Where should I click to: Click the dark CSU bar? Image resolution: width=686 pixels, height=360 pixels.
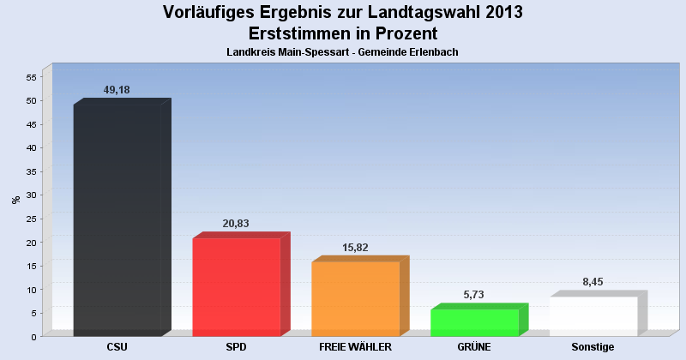pos(117,220)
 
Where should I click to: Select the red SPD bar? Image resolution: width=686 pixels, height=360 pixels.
pos(236,287)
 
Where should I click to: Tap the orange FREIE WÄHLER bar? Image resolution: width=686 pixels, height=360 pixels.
pos(355,299)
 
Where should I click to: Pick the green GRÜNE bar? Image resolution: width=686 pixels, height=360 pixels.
pos(474,322)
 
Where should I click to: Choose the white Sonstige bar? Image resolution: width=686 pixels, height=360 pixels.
pos(593,316)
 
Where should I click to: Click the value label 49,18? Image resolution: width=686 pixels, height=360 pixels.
pos(117,90)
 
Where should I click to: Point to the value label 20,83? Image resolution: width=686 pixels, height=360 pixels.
pos(236,224)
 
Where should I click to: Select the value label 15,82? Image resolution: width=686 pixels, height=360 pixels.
pos(355,248)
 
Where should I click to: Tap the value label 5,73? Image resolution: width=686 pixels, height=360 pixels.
pos(474,295)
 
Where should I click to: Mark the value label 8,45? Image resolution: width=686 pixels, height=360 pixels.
pos(593,282)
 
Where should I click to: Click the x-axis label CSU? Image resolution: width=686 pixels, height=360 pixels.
pos(117,347)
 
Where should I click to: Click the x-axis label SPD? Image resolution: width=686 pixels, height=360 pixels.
pos(236,347)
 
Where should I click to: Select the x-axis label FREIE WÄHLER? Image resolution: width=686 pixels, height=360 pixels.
pos(355,347)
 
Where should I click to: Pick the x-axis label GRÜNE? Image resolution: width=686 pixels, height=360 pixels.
pos(474,347)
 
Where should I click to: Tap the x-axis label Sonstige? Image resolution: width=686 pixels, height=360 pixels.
pos(593,347)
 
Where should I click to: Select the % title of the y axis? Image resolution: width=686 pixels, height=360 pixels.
pos(15,200)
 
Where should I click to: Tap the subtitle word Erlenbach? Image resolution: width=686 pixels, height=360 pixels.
pos(433,52)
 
